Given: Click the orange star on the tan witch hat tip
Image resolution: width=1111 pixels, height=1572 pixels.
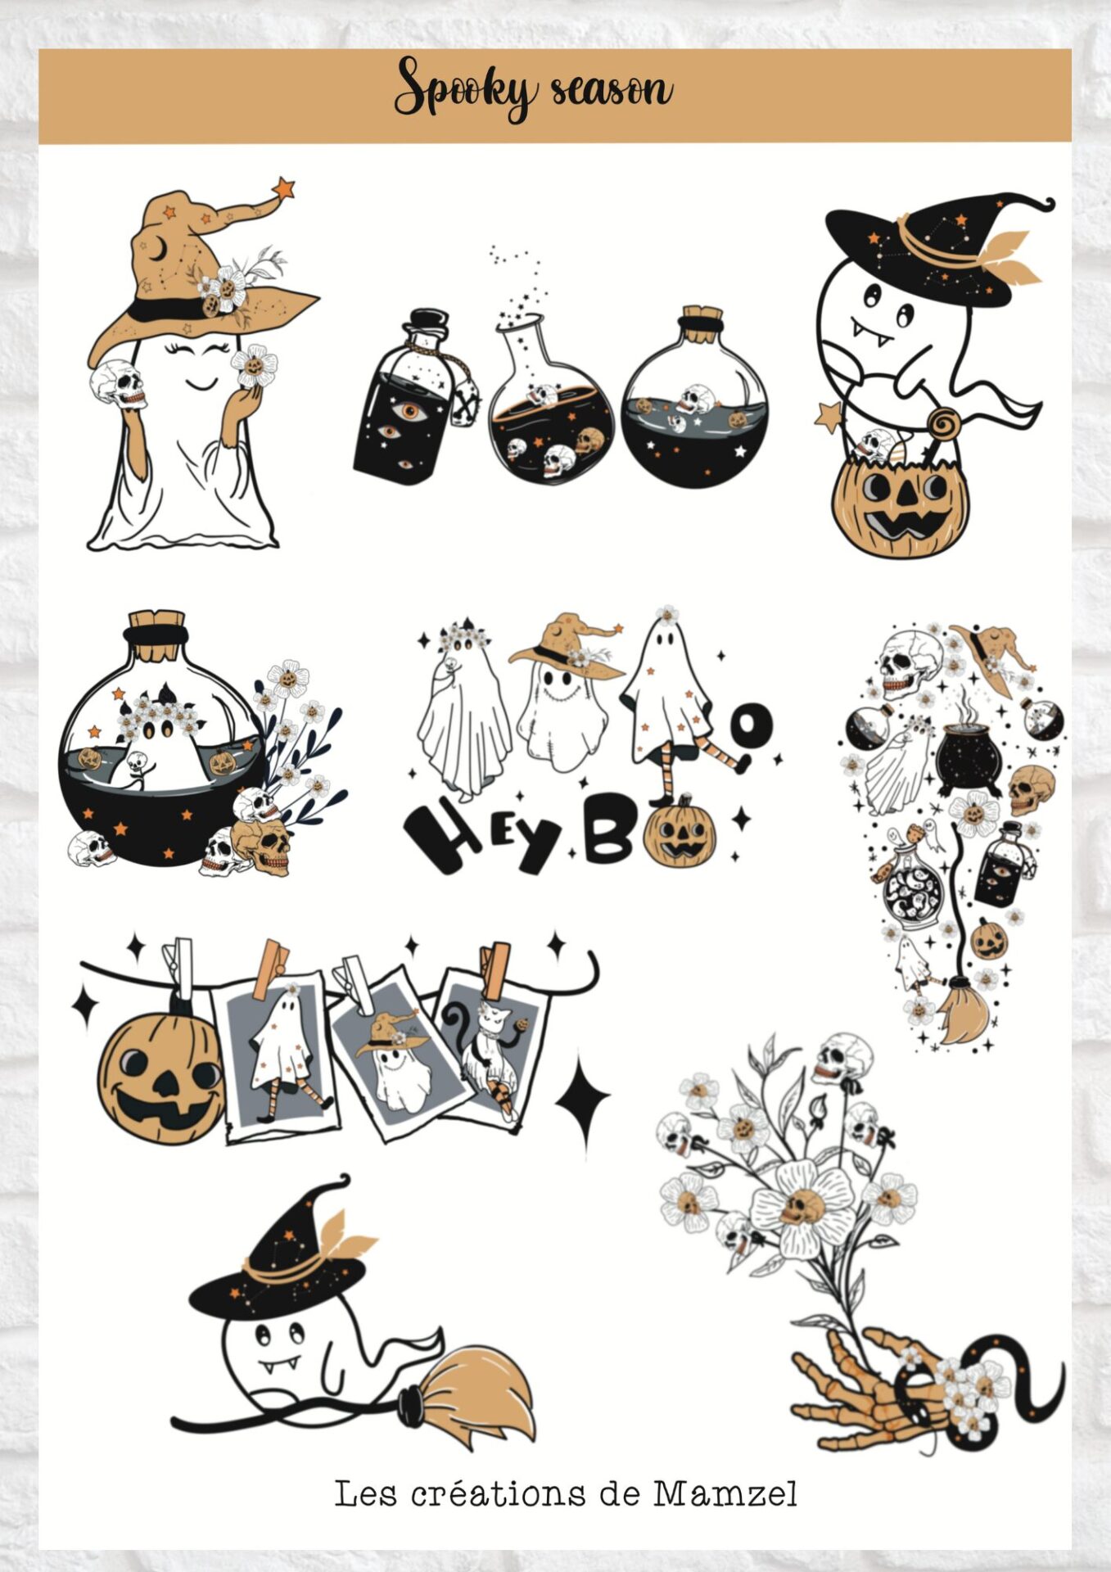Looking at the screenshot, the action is point(284,188).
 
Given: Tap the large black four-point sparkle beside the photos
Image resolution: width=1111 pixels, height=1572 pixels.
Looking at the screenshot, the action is point(582,1099).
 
